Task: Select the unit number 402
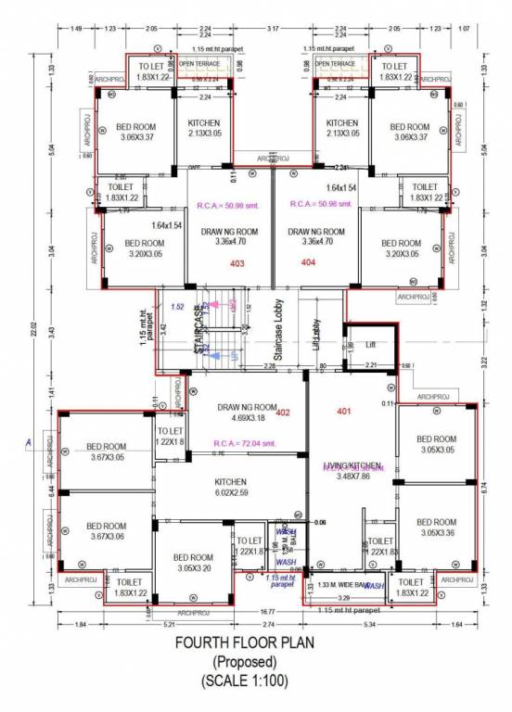[x=284, y=413]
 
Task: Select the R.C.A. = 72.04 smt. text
[x=242, y=444]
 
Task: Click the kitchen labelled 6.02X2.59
[x=229, y=487]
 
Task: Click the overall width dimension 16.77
[x=266, y=611]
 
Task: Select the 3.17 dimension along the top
[x=271, y=30]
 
